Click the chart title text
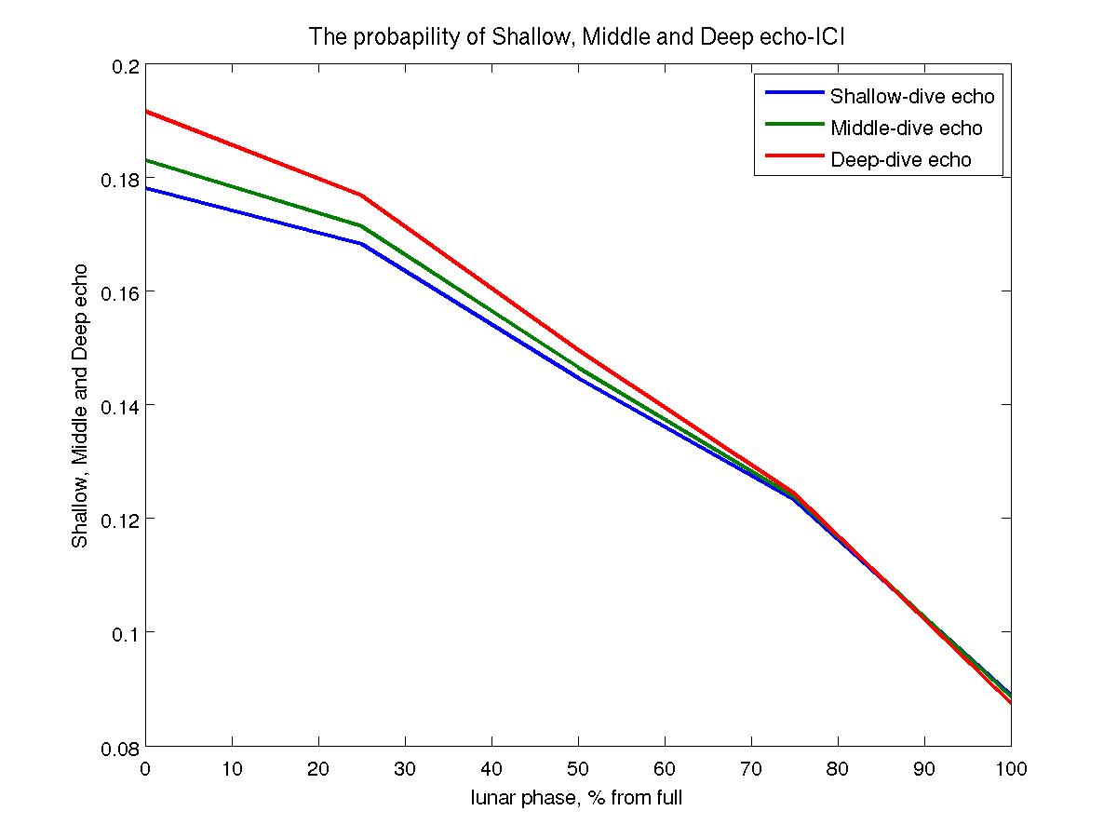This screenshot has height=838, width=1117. (577, 37)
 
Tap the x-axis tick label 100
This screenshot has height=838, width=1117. (1010, 769)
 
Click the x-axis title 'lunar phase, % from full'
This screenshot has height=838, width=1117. (577, 798)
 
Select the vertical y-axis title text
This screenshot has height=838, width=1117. (81, 406)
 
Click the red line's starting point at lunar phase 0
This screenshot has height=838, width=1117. (146, 111)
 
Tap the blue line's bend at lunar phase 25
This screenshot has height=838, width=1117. (361, 243)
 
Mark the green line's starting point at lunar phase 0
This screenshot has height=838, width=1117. (146, 160)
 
